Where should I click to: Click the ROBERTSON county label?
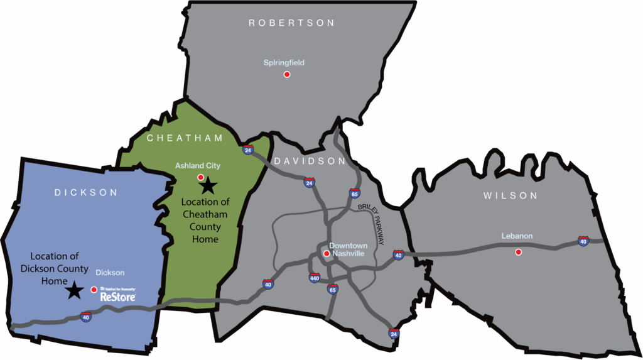(291, 23)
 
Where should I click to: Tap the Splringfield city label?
(284, 63)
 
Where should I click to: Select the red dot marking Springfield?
(287, 74)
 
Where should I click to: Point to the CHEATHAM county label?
(185, 138)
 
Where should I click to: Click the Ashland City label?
(198, 166)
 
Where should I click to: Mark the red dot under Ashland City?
(200, 177)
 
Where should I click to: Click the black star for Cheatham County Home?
(208, 185)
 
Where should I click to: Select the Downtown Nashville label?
(348, 249)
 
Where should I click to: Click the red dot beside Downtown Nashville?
(327, 254)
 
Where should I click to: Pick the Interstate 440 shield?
(315, 277)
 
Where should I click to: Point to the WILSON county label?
(511, 196)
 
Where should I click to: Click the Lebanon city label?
(517, 236)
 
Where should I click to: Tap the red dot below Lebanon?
(518, 252)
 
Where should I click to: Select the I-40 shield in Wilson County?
(583, 241)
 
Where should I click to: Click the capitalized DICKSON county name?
(86, 193)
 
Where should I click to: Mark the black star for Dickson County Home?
(75, 290)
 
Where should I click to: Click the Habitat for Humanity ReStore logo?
(117, 293)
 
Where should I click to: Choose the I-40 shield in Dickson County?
(86, 317)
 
